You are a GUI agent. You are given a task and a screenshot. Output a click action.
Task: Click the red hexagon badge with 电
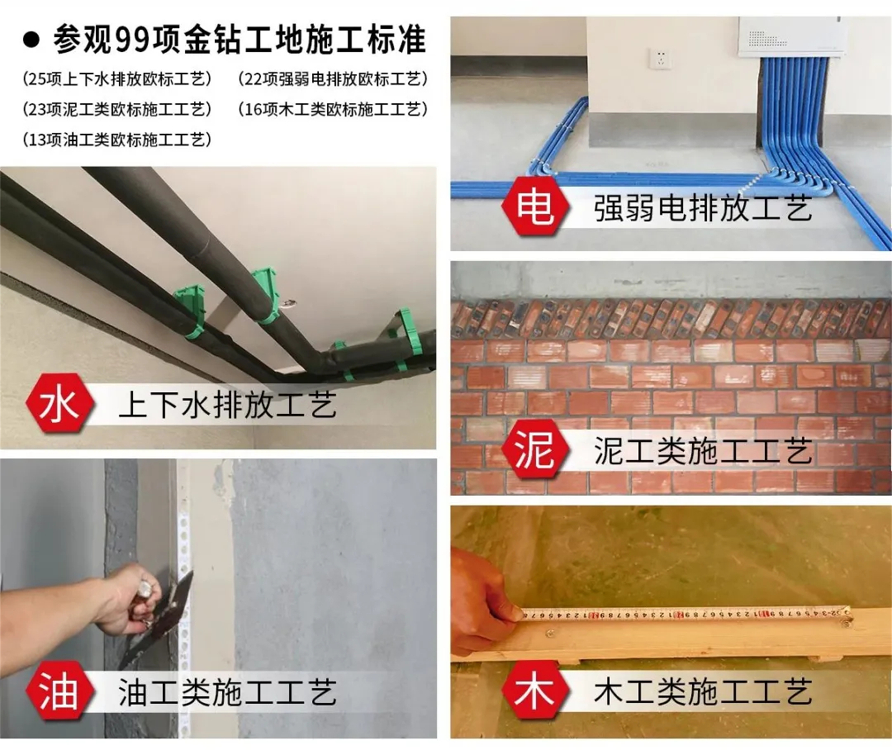click(535, 207)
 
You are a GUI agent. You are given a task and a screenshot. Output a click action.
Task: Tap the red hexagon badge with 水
click(60, 403)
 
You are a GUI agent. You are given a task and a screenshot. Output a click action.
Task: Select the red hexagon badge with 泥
click(535, 450)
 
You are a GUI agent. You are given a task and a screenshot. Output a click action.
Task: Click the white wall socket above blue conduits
click(660, 59)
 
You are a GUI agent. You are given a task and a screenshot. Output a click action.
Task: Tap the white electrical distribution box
click(790, 37)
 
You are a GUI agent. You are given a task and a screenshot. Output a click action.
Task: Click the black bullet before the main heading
click(31, 40)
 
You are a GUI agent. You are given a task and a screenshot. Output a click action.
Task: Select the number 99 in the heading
click(131, 40)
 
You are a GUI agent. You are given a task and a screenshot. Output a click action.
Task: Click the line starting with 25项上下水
click(117, 79)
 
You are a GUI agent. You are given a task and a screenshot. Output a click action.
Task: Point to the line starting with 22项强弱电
click(333, 79)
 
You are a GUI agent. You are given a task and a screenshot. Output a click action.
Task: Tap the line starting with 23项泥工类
click(117, 109)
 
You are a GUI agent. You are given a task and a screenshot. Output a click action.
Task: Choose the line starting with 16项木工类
click(333, 109)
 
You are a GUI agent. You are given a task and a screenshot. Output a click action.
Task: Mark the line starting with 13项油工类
click(117, 139)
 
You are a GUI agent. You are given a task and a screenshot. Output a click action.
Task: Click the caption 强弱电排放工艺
click(703, 208)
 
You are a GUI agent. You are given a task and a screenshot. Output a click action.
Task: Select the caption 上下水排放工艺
click(228, 404)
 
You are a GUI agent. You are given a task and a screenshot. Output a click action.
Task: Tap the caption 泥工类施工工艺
click(703, 450)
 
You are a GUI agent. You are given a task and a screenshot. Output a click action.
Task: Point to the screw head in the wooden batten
click(551, 632)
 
